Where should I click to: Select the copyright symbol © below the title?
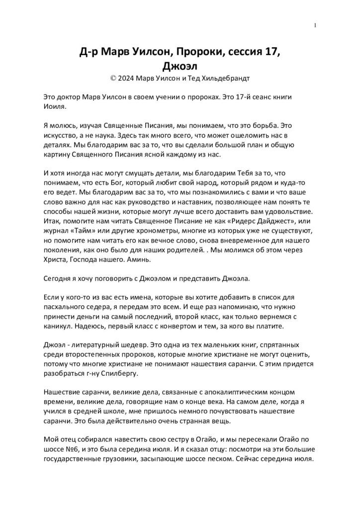[x=112, y=78]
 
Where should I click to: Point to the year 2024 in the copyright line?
[x=127, y=78]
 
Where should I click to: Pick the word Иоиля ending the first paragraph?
[x=55, y=106]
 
